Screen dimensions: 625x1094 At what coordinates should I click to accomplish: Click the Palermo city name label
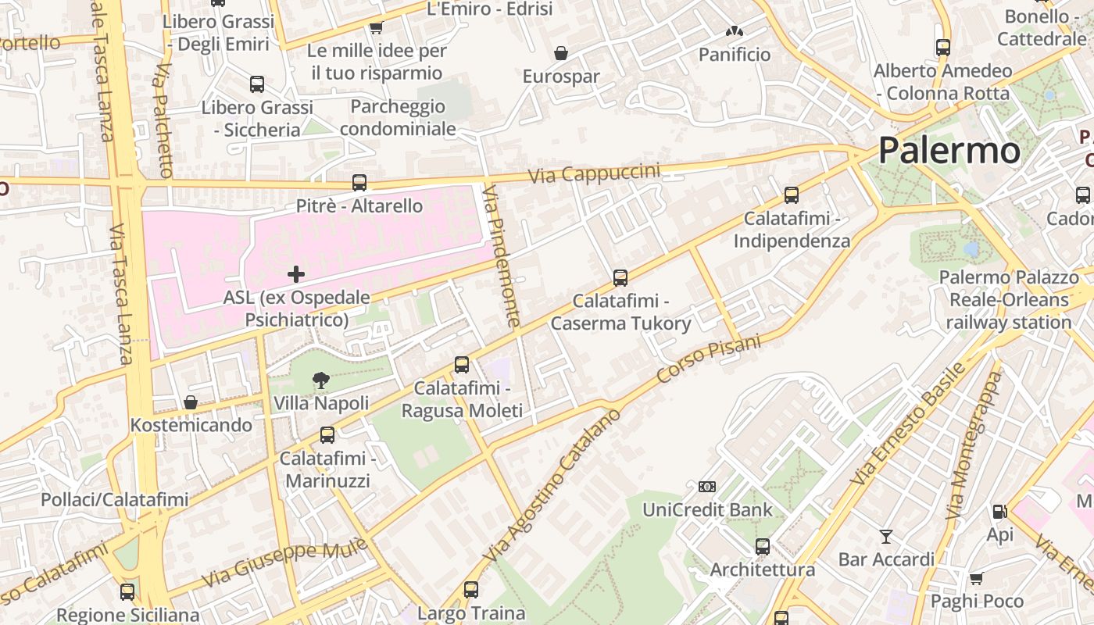pos(949,150)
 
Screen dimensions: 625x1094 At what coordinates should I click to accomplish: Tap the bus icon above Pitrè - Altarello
pos(359,183)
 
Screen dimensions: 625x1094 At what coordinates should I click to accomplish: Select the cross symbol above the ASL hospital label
pos(296,273)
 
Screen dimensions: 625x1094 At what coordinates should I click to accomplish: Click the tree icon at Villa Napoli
pos(320,380)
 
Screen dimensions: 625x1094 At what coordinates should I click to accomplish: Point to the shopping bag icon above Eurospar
pos(560,53)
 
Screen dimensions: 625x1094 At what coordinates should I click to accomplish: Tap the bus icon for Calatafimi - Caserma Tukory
pos(620,277)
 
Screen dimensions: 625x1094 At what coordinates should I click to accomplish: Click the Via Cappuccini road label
pos(594,173)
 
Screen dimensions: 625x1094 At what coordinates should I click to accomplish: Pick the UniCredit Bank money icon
pos(707,487)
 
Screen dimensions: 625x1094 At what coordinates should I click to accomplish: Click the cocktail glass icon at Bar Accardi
pos(886,536)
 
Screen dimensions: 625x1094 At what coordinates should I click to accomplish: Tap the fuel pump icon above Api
pos(999,512)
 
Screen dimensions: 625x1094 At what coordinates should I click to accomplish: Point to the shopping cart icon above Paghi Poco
pos(976,578)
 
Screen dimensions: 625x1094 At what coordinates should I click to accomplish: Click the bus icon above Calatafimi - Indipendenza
pos(792,195)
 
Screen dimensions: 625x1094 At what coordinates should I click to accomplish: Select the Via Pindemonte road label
pos(501,256)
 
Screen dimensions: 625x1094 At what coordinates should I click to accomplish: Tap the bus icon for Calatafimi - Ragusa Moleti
pos(462,364)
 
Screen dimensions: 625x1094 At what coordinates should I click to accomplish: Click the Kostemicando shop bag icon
pos(191,402)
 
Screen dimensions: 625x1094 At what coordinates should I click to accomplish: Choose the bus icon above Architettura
pos(763,546)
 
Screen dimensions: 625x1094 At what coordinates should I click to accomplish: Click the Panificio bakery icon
pos(734,32)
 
